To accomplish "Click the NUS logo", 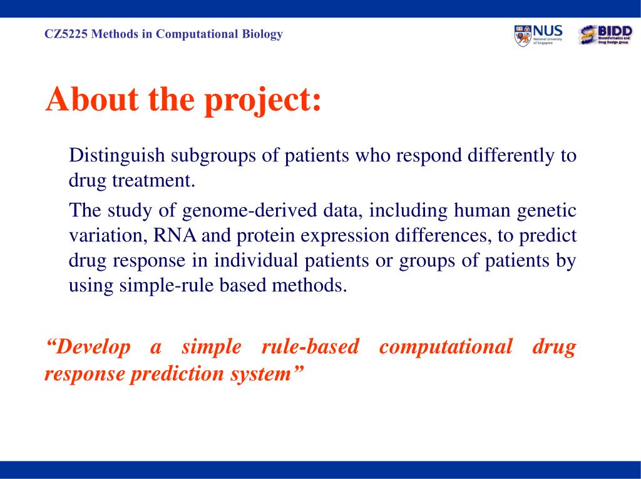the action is point(538,36).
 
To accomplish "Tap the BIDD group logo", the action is point(605,35).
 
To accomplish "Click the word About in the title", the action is point(93,99).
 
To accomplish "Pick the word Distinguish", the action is point(117,156).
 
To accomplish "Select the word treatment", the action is point(154,181).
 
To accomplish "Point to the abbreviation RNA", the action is point(175,236).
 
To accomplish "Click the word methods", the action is point(309,285).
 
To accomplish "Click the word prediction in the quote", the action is point(177,374).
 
